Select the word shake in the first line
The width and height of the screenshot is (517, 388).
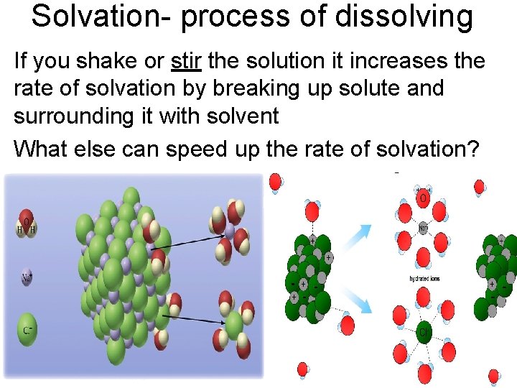116,61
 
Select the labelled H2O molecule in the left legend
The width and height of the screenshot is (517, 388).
27,226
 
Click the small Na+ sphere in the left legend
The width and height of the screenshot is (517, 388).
27,277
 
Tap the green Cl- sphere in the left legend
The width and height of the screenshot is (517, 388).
27,329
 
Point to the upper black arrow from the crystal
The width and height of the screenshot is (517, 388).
189,241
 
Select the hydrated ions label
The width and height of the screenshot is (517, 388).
424,278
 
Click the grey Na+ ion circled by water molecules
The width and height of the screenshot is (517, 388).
424,229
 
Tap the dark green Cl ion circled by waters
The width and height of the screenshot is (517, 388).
424,332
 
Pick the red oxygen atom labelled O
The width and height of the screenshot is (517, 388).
423,196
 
